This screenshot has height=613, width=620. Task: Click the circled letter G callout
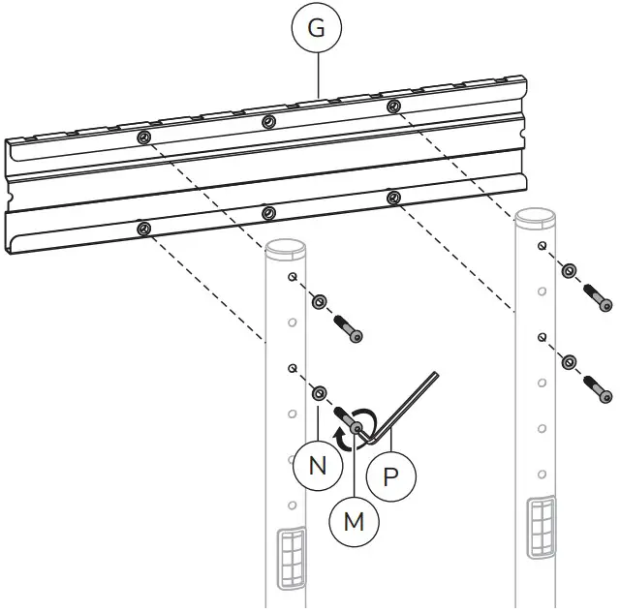tap(316, 29)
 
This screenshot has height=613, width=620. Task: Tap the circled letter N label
tap(318, 466)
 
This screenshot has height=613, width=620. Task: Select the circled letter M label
tap(354, 520)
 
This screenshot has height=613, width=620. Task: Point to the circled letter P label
tap(391, 477)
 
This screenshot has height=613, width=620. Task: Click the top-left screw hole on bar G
tap(143, 138)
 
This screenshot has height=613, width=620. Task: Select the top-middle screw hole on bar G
tap(267, 121)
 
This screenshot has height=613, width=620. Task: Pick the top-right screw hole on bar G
tap(392, 106)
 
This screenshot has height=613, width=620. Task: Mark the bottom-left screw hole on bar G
tap(143, 229)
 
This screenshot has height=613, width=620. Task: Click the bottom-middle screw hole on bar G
tap(267, 212)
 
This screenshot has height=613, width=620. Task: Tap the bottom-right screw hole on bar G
tap(392, 198)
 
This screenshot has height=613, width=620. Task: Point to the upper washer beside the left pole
tap(318, 303)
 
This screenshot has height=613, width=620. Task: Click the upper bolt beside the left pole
tap(350, 328)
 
